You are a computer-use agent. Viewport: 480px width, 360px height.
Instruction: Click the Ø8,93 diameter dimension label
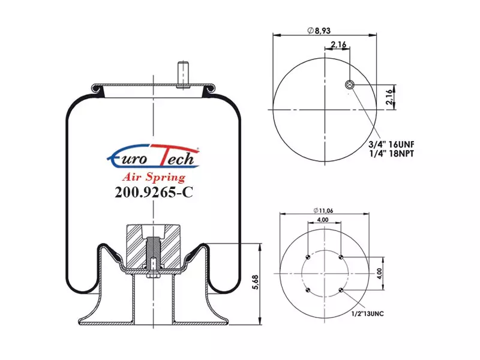click(x=319, y=31)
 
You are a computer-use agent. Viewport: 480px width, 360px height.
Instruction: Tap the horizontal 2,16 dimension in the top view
click(x=338, y=44)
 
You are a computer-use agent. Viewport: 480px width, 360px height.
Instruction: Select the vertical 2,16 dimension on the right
click(x=389, y=97)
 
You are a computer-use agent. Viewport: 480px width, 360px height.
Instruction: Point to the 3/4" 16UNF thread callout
click(x=391, y=144)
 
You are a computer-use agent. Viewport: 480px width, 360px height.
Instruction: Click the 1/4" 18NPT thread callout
click(x=392, y=154)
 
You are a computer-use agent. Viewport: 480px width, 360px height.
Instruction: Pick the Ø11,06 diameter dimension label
click(x=323, y=211)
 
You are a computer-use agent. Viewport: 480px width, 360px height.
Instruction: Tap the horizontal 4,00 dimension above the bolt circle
click(x=323, y=220)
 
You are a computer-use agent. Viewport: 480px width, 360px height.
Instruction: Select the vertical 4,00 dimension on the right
click(x=379, y=274)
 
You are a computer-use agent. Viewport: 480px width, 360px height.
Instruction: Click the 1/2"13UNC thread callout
click(x=367, y=314)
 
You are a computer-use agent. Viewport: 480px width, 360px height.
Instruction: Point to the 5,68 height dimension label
click(x=256, y=282)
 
